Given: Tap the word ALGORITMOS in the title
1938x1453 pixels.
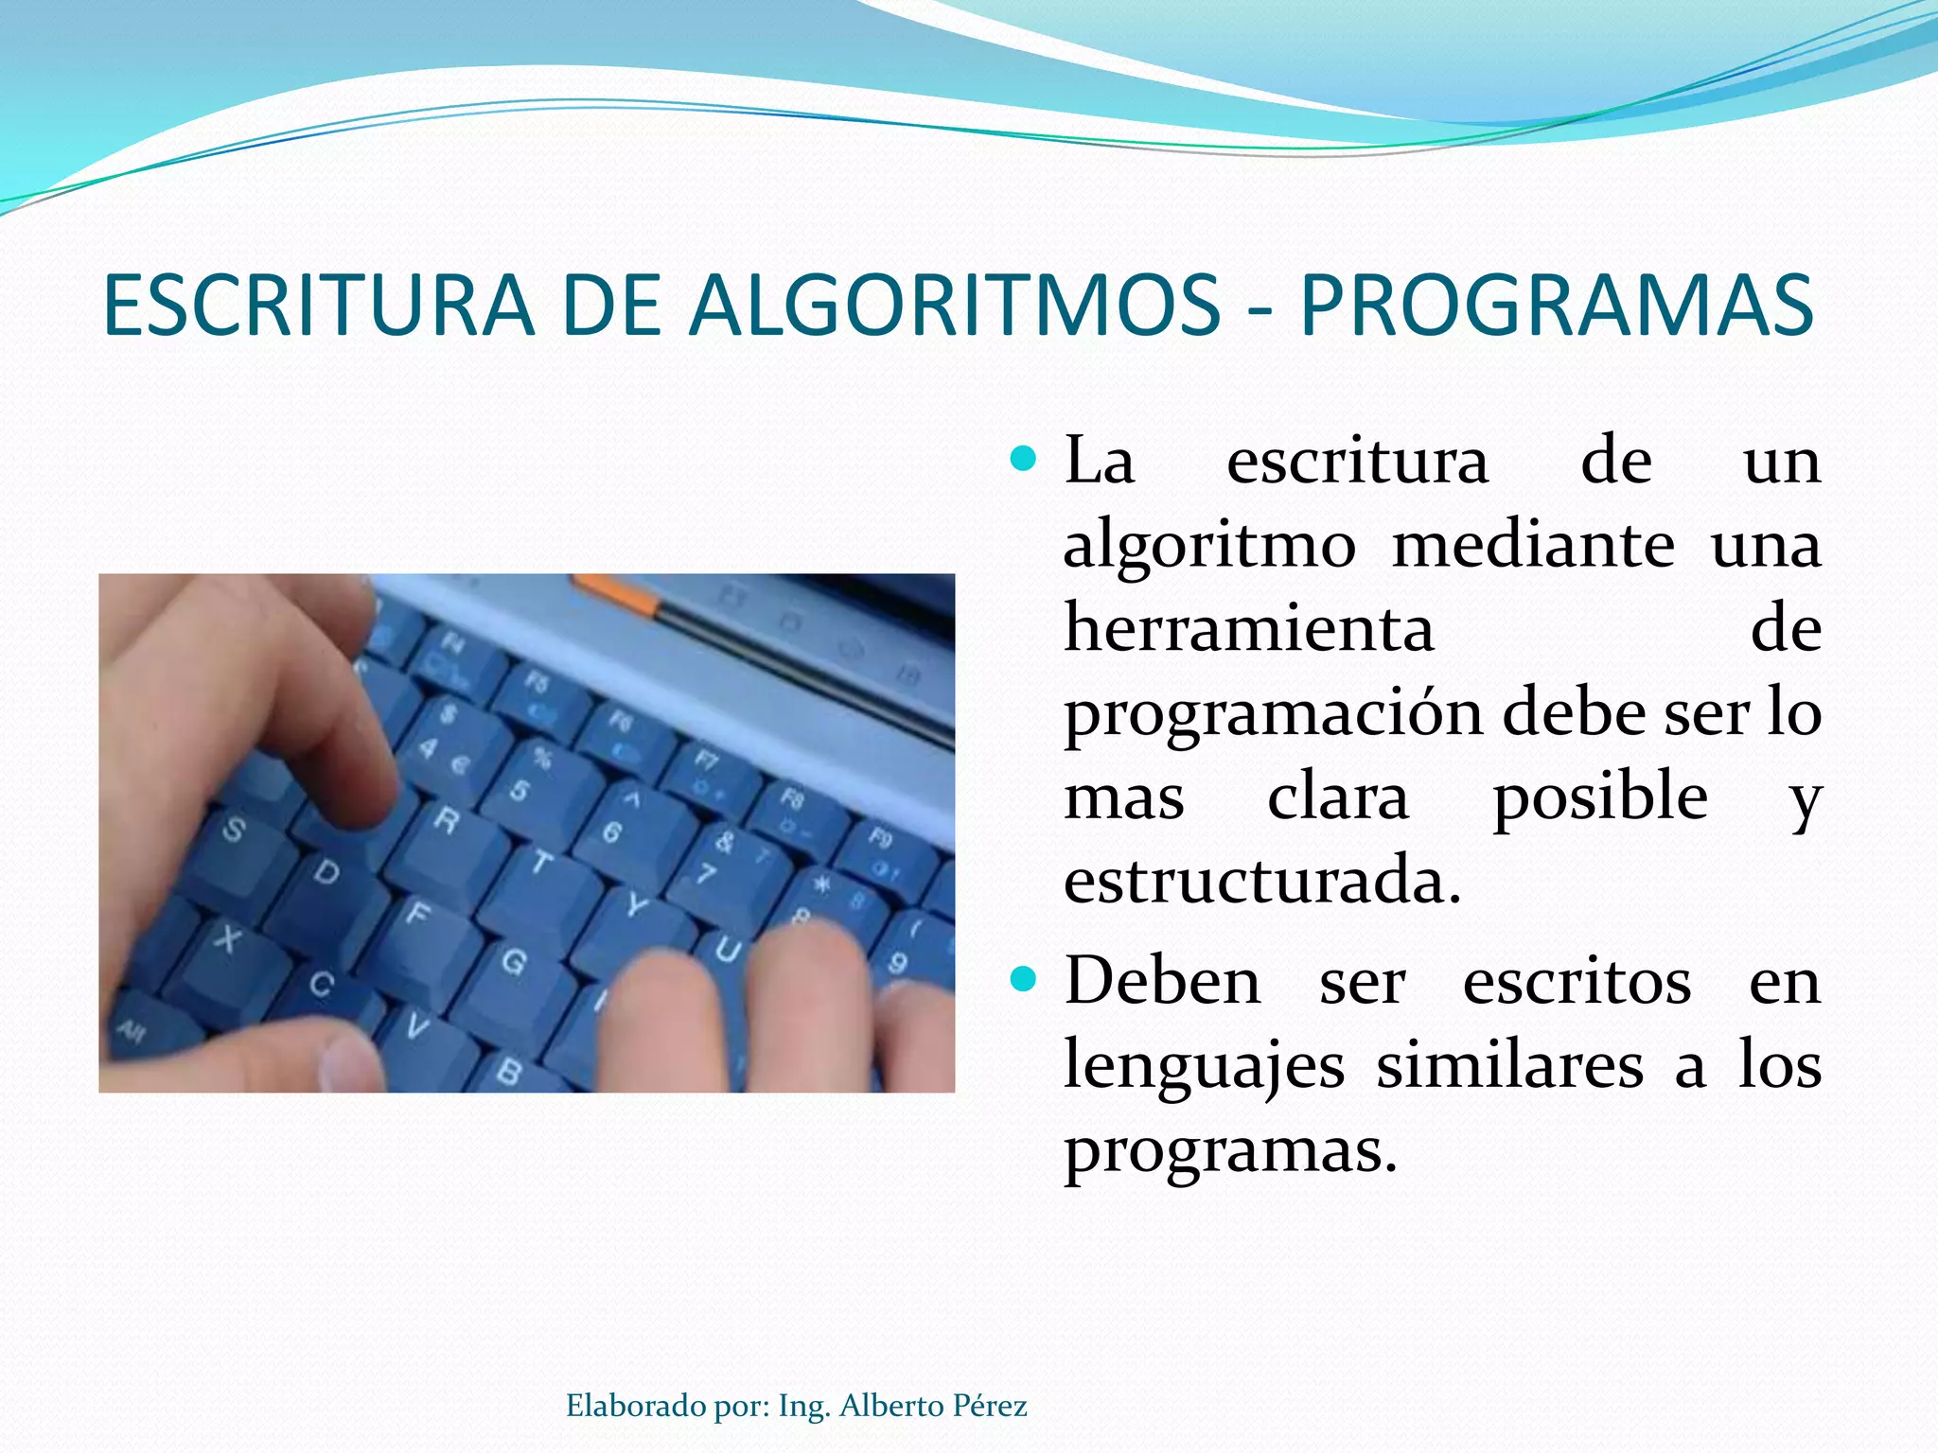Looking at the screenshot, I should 954,306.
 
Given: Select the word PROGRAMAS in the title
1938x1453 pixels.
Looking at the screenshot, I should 1557,306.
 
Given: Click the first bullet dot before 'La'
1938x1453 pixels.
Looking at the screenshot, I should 1024,460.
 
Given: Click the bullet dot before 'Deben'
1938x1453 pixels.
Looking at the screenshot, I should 1024,979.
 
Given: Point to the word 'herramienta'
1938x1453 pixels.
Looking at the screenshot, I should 1249,629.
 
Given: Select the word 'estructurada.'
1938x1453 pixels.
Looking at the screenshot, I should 1262,881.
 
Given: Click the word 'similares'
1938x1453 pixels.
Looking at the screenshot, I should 1509,1065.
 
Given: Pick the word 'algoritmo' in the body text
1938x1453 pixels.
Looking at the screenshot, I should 1209,547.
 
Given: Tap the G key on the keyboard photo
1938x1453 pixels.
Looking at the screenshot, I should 514,963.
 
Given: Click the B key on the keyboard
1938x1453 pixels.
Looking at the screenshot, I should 509,1072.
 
